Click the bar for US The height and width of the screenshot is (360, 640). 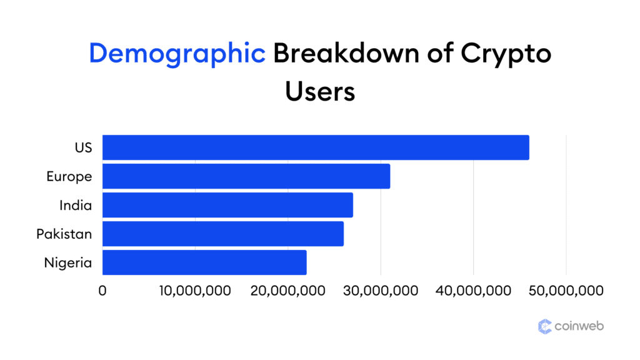coord(316,147)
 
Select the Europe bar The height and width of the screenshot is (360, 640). coord(246,176)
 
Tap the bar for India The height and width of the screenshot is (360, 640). coord(227,205)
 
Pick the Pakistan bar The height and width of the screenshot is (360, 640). coord(223,234)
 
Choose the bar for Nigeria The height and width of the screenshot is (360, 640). coord(204,262)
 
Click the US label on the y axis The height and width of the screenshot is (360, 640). coord(82,147)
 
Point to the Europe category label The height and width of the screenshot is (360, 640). coord(69,176)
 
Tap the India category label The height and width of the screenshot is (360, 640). coord(76,205)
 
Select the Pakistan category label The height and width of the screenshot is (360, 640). coord(64,234)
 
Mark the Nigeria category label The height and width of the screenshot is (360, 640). coord(68,263)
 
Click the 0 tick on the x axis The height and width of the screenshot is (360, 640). coord(102,291)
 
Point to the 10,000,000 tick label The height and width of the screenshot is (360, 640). coord(195,291)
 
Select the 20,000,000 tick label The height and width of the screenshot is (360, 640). coord(287,291)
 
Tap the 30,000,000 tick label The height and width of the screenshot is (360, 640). coord(381,291)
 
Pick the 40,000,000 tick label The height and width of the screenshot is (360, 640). coord(473,291)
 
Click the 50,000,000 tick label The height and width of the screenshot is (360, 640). coord(566,291)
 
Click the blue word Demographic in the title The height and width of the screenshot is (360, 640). coord(177,54)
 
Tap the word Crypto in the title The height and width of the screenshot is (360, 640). coord(506,54)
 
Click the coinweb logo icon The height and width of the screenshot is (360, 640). coord(545,326)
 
